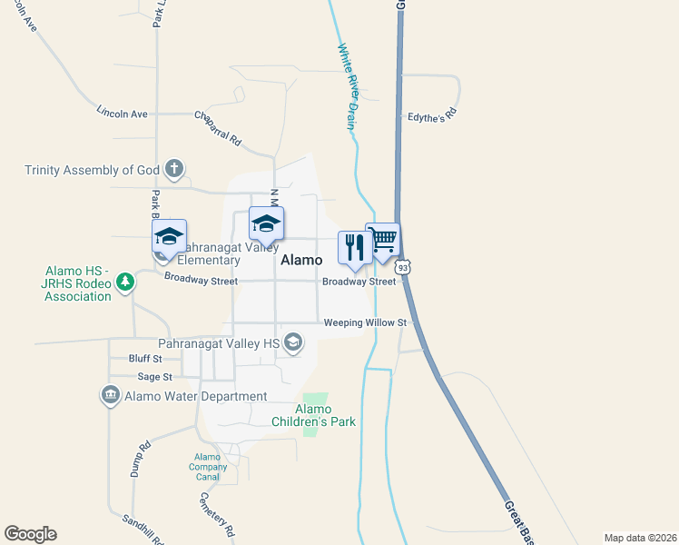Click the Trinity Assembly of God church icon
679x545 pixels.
(174, 169)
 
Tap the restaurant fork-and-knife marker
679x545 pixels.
(353, 247)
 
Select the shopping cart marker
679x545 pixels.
(382, 240)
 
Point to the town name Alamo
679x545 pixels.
(301, 260)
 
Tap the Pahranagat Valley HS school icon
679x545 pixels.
(292, 342)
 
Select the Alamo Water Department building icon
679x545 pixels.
(111, 396)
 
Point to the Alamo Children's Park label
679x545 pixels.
(313, 415)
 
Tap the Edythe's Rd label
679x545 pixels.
(431, 116)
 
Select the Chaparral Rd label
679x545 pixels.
(219, 128)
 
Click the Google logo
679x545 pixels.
(30, 534)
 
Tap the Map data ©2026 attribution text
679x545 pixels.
(640, 537)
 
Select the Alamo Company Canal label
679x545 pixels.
(208, 467)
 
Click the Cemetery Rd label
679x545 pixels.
(218, 514)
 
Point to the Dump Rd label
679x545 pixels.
(143, 460)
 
